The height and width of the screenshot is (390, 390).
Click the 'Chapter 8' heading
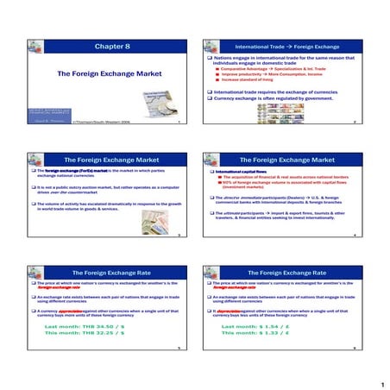pyautogui.click(x=110, y=46)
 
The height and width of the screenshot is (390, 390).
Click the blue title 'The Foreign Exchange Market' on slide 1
pyautogui.click(x=109, y=74)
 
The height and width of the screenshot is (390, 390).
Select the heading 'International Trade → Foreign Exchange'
pyautogui.click(x=286, y=46)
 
